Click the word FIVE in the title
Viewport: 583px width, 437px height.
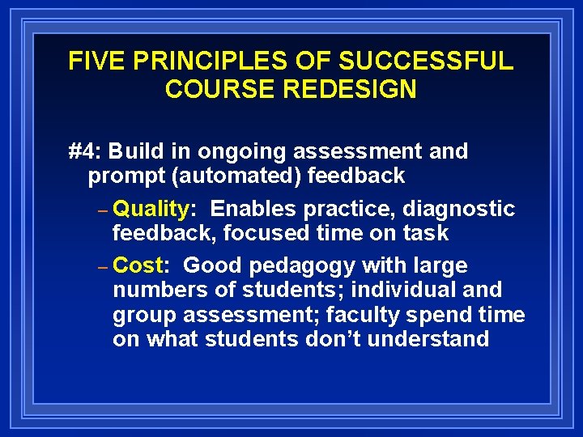(91, 62)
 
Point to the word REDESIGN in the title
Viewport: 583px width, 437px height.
(353, 88)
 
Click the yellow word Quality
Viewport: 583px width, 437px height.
(151, 210)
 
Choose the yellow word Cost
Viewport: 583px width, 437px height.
(138, 265)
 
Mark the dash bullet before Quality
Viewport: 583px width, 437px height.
(102, 210)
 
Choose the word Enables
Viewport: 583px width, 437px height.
(253, 209)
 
